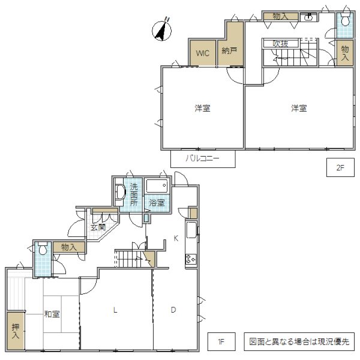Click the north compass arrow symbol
click(x=161, y=31)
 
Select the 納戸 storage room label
click(x=229, y=52)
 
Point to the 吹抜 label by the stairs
click(x=280, y=43)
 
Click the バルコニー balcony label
click(x=202, y=159)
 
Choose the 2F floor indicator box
click(x=340, y=168)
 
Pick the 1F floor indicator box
click(x=220, y=343)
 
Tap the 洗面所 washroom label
click(x=134, y=194)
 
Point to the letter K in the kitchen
click(x=176, y=238)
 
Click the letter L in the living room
click(x=115, y=310)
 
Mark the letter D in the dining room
click(x=173, y=310)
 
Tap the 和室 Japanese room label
click(x=51, y=314)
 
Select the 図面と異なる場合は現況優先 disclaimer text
click(x=299, y=343)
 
